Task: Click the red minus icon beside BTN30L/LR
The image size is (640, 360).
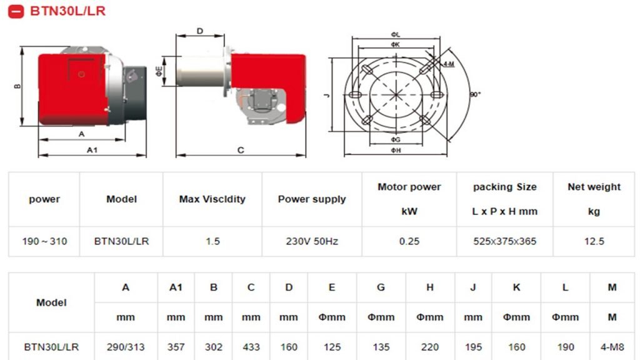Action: pos(16,11)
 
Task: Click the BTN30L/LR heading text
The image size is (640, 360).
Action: pos(67,11)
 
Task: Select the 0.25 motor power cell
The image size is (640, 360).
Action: pos(409,241)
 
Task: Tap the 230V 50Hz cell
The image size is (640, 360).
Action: pos(312,241)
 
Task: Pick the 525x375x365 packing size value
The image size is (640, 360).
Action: pos(504,241)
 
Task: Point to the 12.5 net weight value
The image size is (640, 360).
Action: pos(594,241)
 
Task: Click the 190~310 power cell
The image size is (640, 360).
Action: pos(44,241)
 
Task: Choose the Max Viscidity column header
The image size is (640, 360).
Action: pos(212,199)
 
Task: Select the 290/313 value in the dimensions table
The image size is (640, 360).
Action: pos(126,347)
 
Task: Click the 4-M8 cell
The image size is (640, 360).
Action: pos(612,347)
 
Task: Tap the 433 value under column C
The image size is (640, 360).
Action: pos(251,347)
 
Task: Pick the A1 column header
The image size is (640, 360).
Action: pos(176,287)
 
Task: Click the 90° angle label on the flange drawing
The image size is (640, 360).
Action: pos(475,94)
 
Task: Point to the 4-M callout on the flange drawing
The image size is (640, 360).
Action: pos(449,64)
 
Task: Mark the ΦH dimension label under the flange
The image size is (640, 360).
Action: pos(396,150)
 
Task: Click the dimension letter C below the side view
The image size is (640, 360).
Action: pos(241,150)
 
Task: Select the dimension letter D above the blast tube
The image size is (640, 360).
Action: pos(199,31)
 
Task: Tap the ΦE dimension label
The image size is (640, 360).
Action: pos(159,71)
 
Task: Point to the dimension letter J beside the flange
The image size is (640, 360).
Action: pos(326,96)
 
